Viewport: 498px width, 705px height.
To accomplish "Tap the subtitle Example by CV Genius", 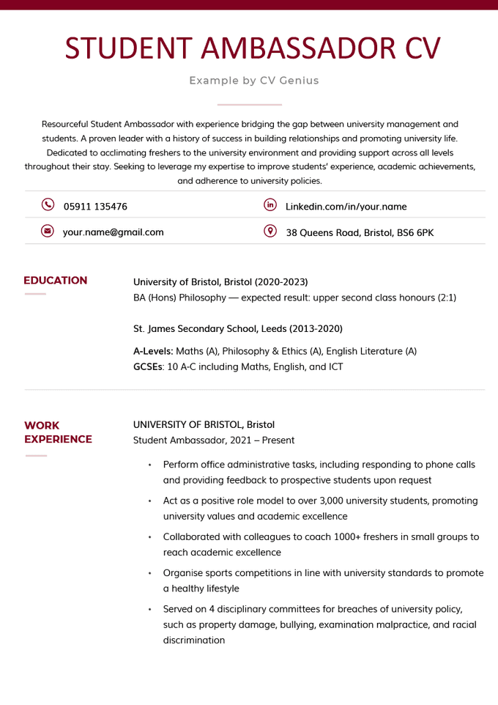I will pos(254,81).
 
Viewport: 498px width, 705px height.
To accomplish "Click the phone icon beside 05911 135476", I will pos(48,205).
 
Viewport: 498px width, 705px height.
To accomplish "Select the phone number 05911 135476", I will pos(95,207).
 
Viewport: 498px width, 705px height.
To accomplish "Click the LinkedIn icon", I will pos(270,205).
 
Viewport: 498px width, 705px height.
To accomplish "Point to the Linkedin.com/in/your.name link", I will pos(346,207).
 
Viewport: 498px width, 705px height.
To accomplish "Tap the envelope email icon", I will pos(48,231).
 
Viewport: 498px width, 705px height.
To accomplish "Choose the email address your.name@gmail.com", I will pos(113,232).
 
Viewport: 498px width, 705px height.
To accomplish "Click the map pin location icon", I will pos(270,231).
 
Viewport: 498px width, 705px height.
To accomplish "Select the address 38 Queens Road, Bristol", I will pos(359,232).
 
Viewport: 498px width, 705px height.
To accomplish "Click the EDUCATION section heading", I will pos(56,281).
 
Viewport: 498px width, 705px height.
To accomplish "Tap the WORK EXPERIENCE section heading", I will pos(58,432).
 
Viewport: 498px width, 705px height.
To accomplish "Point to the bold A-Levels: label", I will pos(153,351).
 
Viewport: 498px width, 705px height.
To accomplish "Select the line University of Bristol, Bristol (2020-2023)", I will pos(220,282).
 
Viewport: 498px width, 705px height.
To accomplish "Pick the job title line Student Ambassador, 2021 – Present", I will pos(214,440).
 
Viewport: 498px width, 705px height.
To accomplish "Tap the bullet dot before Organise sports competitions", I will pos(149,573).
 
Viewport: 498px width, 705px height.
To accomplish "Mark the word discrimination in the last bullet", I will pos(194,640).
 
